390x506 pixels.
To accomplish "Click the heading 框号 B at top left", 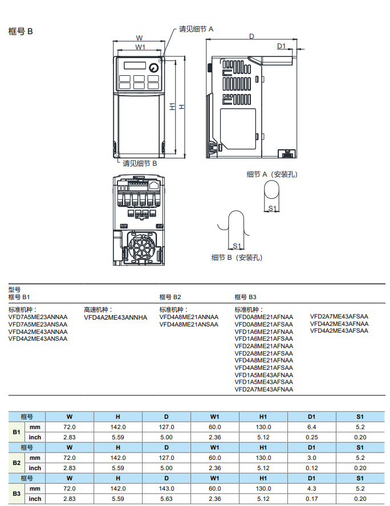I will coord(21,31).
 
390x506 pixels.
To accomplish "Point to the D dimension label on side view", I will coord(251,36).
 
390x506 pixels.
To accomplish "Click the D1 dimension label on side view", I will coord(281,46).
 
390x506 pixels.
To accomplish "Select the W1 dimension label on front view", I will coord(140,47).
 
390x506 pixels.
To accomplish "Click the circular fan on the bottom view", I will coord(140,248).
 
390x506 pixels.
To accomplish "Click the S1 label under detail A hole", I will coord(273,209).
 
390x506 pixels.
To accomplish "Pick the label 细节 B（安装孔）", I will coord(237,258).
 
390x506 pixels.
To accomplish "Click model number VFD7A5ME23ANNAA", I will coord(38,317).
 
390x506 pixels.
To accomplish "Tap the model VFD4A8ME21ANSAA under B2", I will coord(188,324).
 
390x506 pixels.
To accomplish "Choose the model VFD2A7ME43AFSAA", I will coord(339,317).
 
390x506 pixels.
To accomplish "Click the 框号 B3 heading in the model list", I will coord(246,297).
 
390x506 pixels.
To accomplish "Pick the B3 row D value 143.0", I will coord(166,489).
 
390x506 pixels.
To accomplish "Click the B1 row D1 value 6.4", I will coord(311,427).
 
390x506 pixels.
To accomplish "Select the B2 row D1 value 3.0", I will coord(311,458).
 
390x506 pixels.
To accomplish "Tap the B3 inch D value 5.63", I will coord(166,499).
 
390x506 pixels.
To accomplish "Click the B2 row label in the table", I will coord(17,463).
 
